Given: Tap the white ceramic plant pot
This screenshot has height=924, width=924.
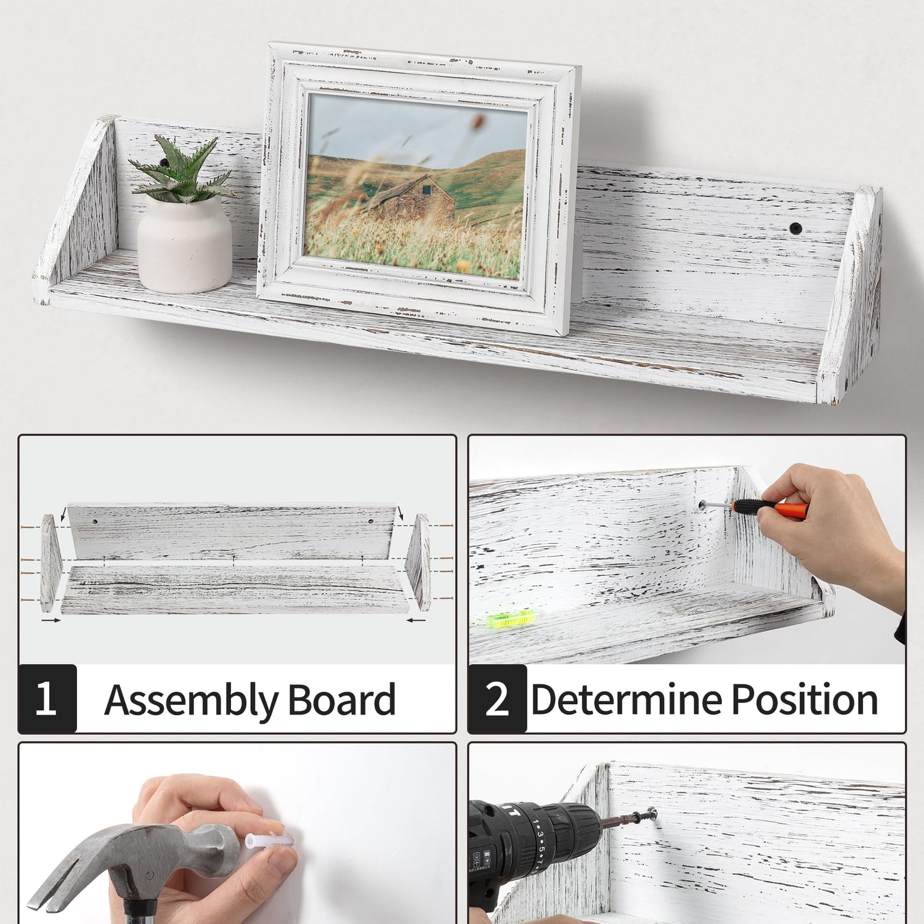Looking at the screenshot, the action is (x=184, y=243).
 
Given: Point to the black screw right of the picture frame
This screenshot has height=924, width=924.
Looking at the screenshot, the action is (x=796, y=228).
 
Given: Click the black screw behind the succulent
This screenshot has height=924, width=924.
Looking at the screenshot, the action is (x=164, y=162).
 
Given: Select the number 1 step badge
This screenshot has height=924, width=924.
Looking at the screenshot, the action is (x=47, y=699).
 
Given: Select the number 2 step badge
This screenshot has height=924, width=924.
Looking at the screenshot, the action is (x=497, y=699).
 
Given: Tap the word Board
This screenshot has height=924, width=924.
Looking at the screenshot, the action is (x=341, y=700).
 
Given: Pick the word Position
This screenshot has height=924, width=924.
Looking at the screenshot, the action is (x=804, y=700).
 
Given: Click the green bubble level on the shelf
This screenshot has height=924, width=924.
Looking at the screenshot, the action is (x=511, y=618).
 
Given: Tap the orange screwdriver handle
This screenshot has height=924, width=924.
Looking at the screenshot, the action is (x=770, y=508).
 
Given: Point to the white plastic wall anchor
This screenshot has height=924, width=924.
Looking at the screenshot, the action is (x=268, y=839).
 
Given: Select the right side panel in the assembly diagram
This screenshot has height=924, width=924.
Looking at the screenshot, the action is (x=418, y=562).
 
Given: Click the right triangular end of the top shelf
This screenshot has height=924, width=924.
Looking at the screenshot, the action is (x=850, y=296).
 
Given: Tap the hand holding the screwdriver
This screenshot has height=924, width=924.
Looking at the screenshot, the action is (x=832, y=530).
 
